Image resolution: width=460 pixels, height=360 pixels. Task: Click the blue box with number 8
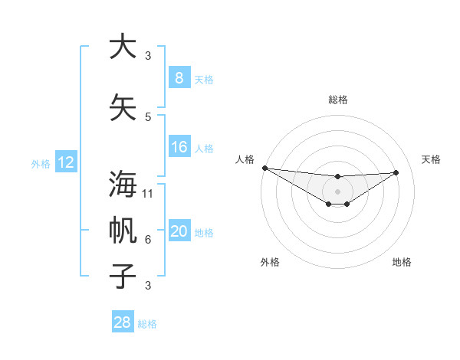pyautogui.click(x=179, y=77)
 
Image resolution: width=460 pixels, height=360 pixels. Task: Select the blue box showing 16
pyautogui.click(x=179, y=147)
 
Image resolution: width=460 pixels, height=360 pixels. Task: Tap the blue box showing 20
pyautogui.click(x=179, y=231)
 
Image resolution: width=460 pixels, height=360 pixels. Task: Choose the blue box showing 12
pyautogui.click(x=66, y=162)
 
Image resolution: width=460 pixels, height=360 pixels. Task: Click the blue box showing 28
pyautogui.click(x=123, y=322)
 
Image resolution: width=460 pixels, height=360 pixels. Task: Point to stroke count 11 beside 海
pyautogui.click(x=149, y=194)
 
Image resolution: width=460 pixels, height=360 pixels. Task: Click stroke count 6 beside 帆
pyautogui.click(x=148, y=240)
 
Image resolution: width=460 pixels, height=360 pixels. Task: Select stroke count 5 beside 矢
pyautogui.click(x=148, y=117)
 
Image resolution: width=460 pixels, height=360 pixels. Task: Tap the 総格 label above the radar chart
pyautogui.click(x=337, y=100)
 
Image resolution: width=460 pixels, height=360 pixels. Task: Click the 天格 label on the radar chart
pyautogui.click(x=431, y=159)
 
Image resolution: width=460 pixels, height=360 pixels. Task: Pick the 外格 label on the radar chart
pyautogui.click(x=270, y=262)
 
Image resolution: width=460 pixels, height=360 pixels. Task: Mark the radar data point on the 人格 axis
pyautogui.click(x=264, y=168)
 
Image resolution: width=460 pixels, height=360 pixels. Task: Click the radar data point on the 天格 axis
pyautogui.click(x=396, y=172)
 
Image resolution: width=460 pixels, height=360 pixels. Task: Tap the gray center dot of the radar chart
pyautogui.click(x=337, y=191)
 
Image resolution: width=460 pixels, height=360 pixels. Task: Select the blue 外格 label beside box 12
pyautogui.click(x=41, y=163)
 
